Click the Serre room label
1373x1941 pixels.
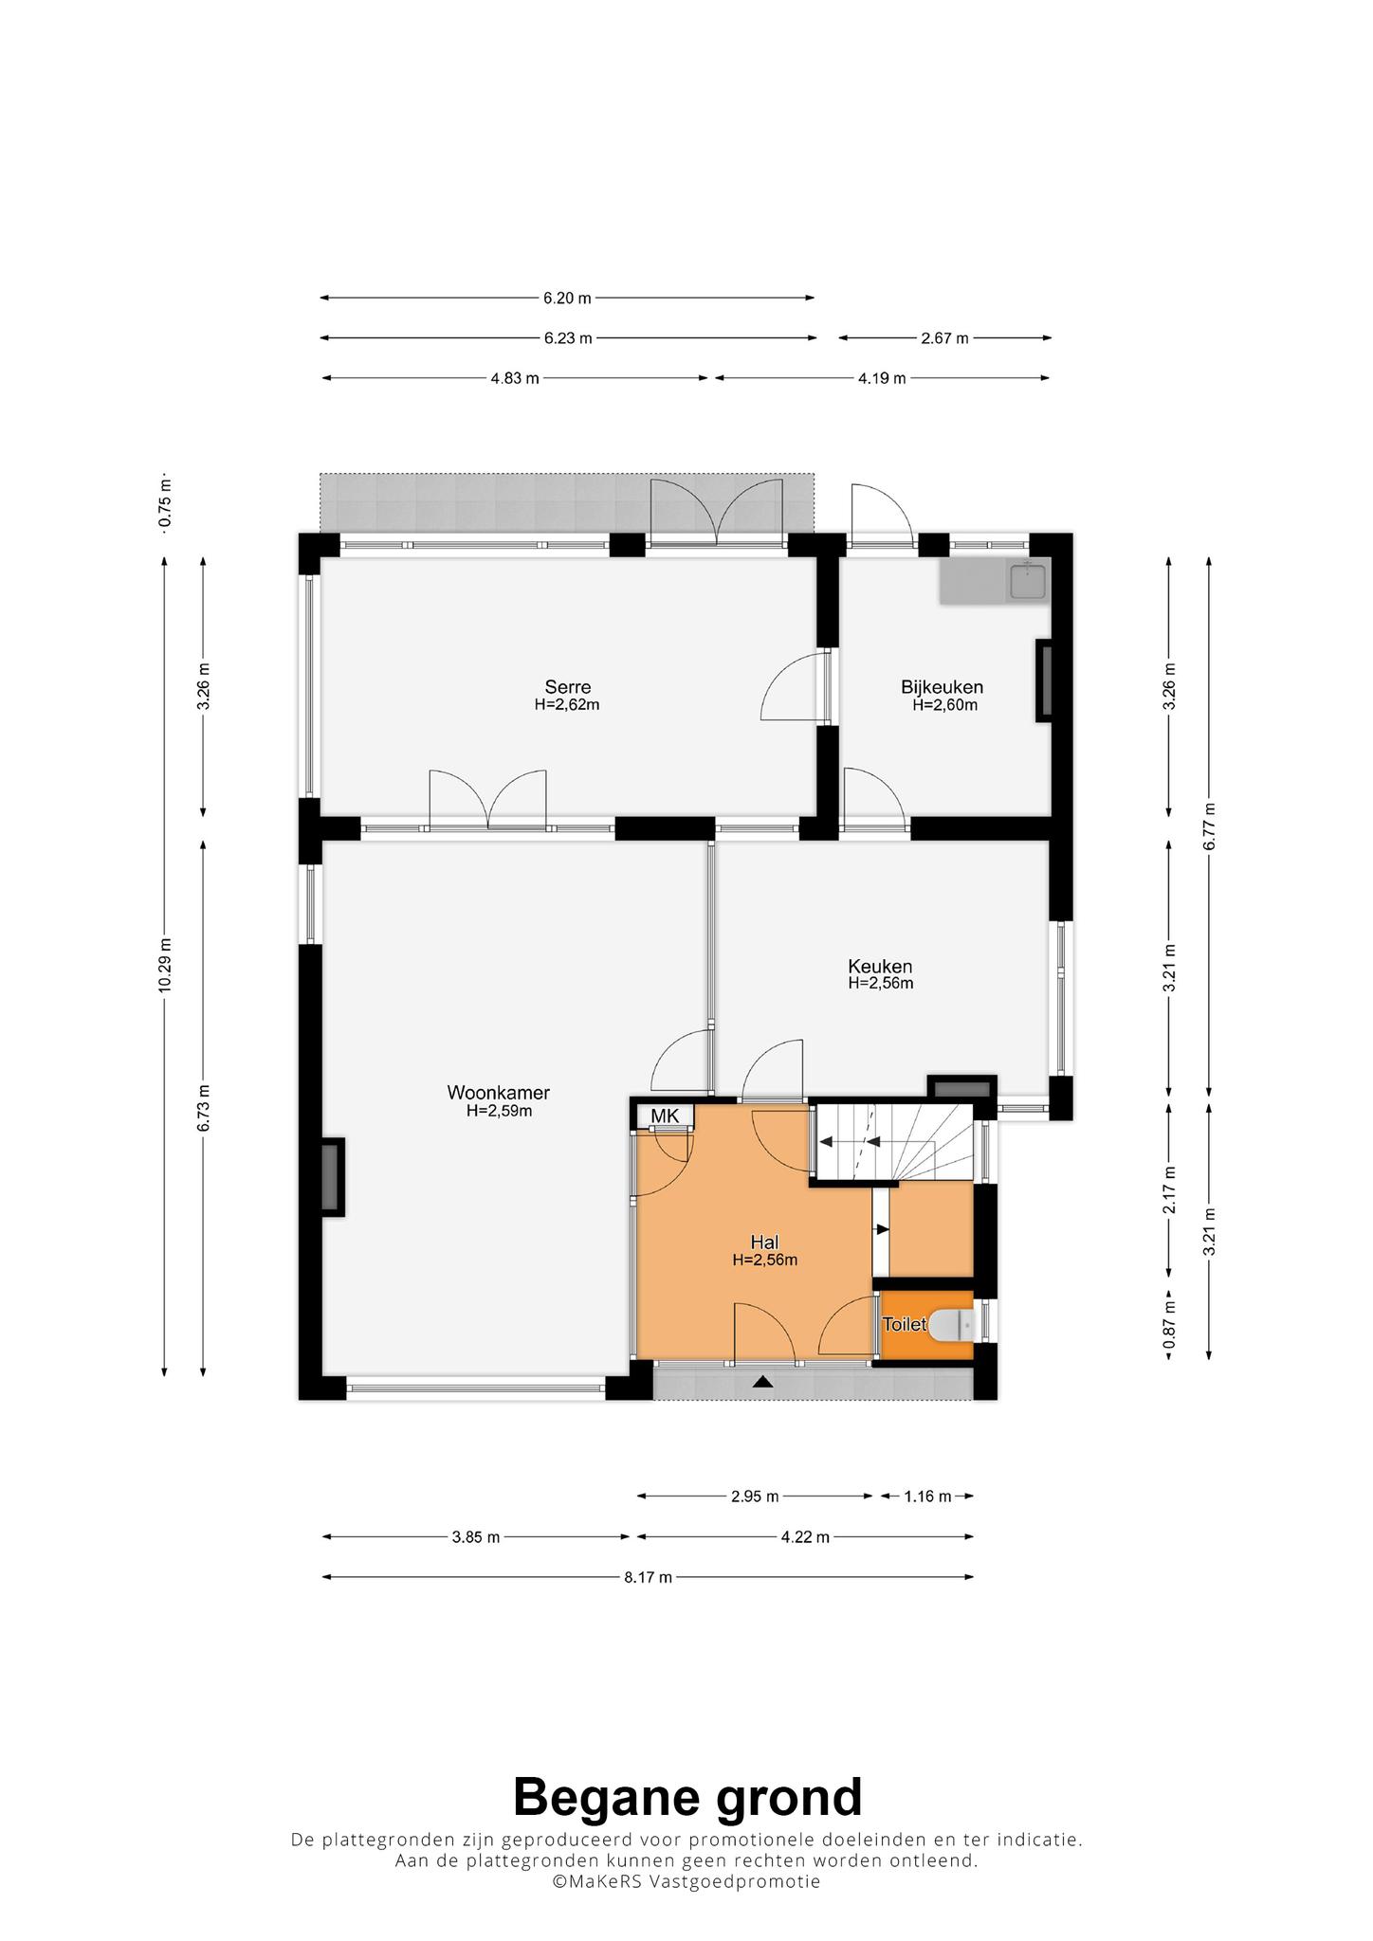click(x=567, y=687)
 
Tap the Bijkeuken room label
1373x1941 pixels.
click(x=942, y=687)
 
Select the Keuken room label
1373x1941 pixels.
click(x=880, y=967)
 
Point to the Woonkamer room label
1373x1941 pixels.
click(x=499, y=1093)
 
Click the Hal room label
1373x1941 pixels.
click(x=764, y=1243)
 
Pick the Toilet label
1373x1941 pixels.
click(x=905, y=1325)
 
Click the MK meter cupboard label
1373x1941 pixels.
click(x=665, y=1116)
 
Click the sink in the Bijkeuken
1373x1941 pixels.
click(x=1027, y=581)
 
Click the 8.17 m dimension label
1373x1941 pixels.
click(x=649, y=1577)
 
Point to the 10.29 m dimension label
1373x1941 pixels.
click(x=165, y=965)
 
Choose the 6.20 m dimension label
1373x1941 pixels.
click(x=567, y=299)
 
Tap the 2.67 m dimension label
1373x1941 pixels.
click(x=944, y=338)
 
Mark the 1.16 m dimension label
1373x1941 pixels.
click(x=926, y=1497)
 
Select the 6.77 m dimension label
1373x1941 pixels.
click(x=1209, y=827)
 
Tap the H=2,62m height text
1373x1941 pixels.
click(x=567, y=705)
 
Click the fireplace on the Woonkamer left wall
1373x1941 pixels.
click(x=332, y=1177)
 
